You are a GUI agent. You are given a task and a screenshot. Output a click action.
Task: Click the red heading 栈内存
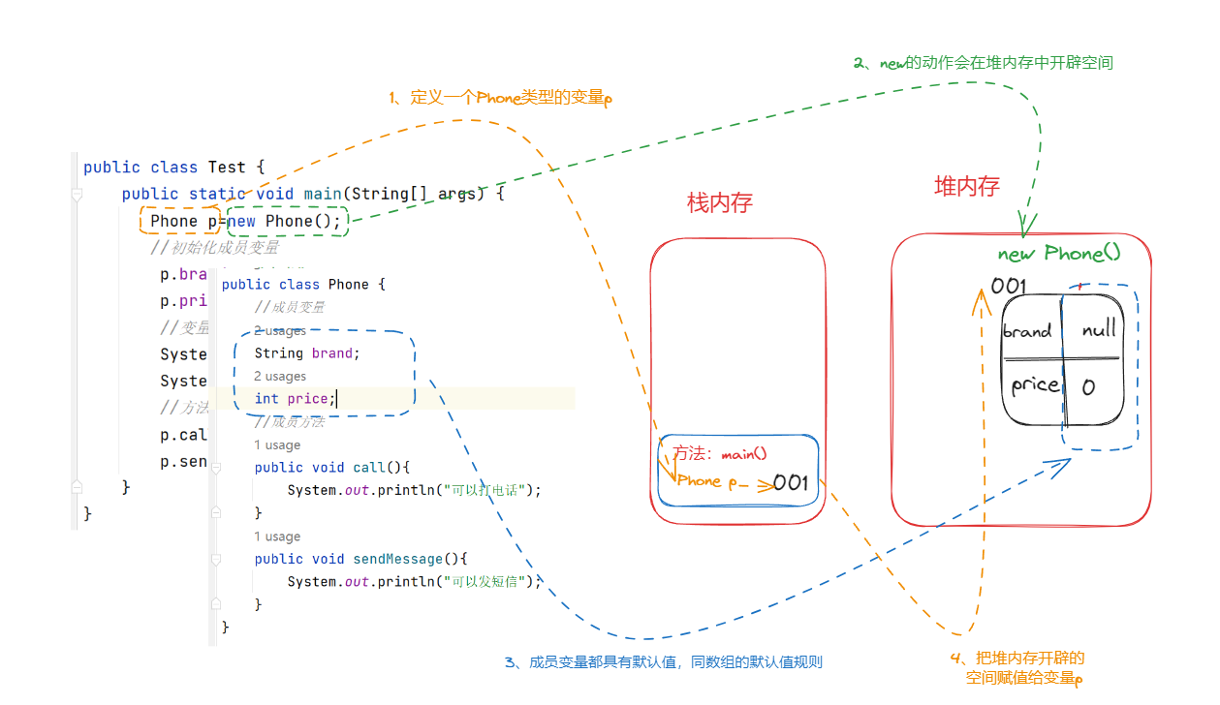720,202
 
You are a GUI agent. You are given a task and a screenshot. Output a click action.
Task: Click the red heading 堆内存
966,187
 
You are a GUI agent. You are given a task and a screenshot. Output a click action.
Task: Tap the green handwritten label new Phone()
1059,254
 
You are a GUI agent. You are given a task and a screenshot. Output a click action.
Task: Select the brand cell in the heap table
1028,331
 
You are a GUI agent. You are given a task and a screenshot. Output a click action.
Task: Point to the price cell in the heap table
1035,384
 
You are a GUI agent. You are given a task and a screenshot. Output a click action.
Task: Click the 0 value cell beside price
1088,387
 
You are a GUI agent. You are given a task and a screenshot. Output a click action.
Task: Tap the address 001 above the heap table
1008,286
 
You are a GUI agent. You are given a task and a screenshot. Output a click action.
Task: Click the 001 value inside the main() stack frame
791,482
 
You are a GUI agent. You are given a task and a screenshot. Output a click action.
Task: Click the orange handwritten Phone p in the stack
713,481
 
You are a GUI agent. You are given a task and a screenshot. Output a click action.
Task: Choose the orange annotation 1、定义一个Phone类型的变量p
500,98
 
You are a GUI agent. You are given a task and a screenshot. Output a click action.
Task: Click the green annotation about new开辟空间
983,63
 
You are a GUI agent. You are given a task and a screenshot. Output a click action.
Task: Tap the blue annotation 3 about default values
663,662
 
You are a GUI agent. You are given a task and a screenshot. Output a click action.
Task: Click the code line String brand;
307,353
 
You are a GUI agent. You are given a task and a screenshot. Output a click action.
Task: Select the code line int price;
295,399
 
